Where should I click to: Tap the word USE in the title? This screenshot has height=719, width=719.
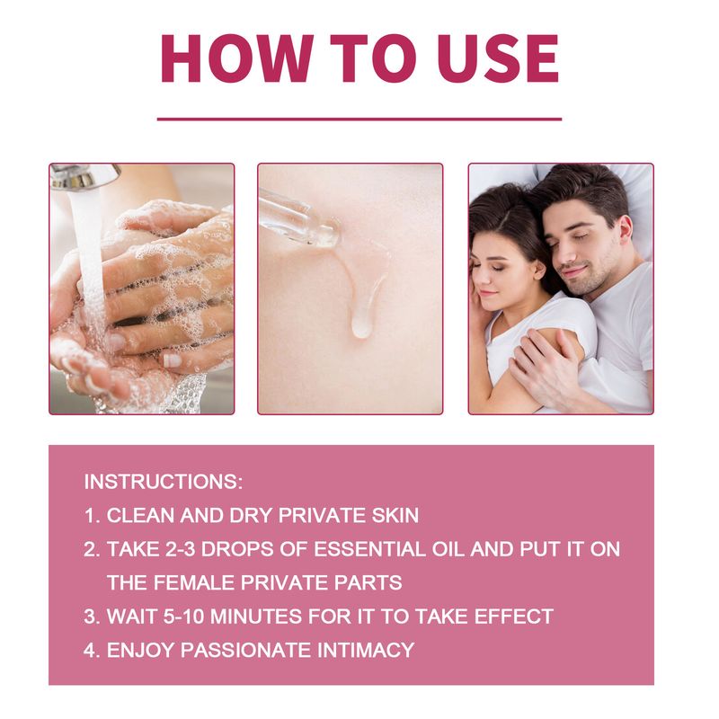[498, 58]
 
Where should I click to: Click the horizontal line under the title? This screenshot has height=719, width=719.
[359, 120]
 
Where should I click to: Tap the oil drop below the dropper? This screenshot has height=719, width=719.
[361, 328]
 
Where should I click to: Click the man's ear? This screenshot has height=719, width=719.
[626, 233]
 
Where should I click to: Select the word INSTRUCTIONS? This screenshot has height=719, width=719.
[164, 482]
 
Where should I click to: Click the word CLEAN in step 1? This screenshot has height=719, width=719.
[140, 515]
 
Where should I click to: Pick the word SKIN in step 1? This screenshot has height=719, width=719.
[395, 515]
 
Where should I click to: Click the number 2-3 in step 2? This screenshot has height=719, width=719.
[180, 549]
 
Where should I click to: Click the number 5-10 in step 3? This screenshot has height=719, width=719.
[183, 617]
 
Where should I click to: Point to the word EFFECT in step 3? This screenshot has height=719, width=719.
[513, 617]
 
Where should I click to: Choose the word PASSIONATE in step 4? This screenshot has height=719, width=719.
[245, 650]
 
